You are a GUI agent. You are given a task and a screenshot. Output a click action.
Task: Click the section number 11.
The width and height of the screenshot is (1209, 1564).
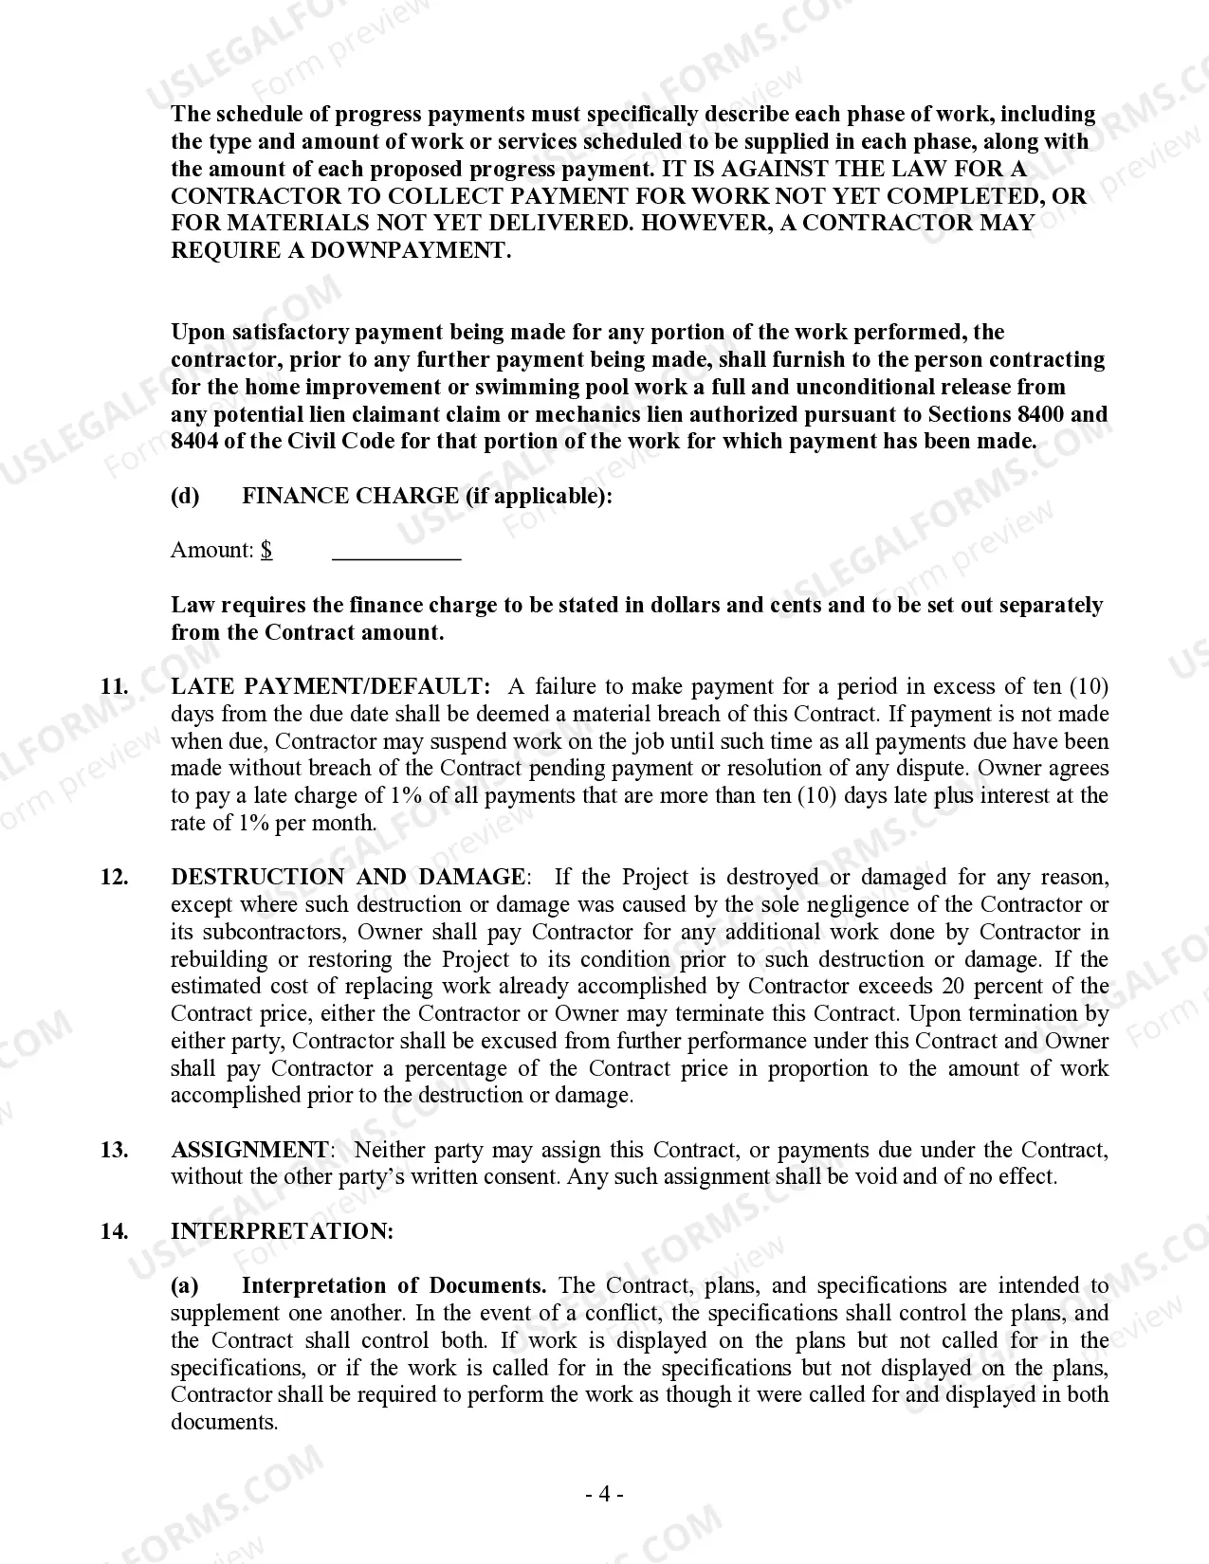click(114, 687)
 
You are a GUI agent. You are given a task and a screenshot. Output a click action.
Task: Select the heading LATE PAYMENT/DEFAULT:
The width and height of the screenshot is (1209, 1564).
click(331, 687)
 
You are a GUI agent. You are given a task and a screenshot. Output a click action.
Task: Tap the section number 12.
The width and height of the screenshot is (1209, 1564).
click(114, 878)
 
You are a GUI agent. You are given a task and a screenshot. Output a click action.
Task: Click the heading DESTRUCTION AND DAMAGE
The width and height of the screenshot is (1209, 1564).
click(347, 878)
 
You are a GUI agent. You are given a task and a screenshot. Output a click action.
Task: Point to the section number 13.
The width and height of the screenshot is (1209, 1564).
click(114, 1151)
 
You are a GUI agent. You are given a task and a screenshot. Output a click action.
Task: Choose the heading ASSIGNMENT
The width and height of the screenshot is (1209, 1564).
click(249, 1151)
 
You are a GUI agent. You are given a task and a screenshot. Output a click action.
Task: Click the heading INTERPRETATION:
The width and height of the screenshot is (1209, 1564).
click(282, 1232)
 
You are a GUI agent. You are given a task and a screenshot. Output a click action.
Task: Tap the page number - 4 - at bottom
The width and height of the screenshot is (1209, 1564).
click(603, 1496)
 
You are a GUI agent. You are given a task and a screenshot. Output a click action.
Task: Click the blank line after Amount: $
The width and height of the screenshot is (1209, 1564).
click(396, 552)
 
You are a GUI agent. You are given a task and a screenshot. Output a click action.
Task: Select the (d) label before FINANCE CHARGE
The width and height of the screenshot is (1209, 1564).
click(185, 497)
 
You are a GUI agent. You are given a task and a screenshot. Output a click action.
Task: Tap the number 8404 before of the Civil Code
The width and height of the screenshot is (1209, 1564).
click(194, 443)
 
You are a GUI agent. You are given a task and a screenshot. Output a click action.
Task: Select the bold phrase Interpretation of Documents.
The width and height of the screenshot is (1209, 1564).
click(394, 1286)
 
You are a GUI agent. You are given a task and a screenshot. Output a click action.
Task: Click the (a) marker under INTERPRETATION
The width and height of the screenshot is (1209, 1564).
click(185, 1286)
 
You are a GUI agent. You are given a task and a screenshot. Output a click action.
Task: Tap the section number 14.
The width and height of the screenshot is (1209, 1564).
click(114, 1232)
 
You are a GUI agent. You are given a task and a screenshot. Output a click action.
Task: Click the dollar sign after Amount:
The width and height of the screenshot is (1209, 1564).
click(267, 551)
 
